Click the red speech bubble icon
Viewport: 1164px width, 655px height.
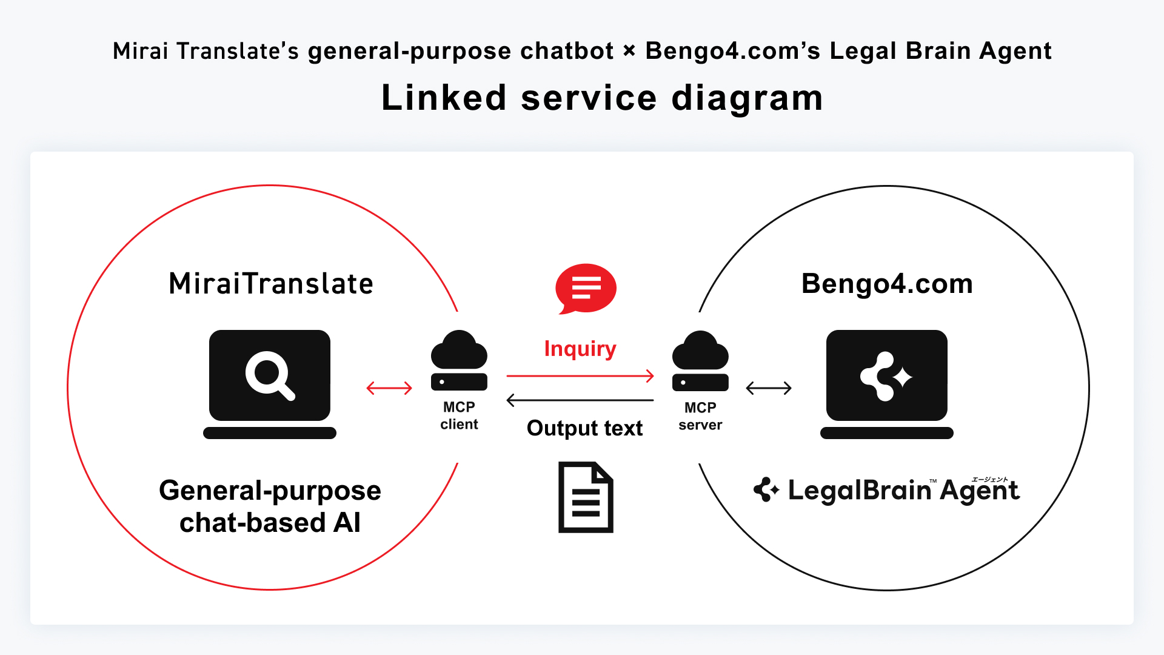pos(586,288)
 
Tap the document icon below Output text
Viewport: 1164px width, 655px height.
pos(586,497)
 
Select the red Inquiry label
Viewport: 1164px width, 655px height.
pos(580,349)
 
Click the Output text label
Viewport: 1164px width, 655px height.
pos(584,428)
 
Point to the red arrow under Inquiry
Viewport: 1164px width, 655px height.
pos(580,376)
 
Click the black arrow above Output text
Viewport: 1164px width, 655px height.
pos(580,400)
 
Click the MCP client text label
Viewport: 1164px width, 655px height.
pos(459,415)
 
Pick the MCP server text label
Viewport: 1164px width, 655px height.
pos(700,416)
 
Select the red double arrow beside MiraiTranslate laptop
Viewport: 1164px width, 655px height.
pos(389,388)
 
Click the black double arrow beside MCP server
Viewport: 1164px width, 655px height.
pos(769,388)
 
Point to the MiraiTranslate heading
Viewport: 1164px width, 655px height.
pos(271,284)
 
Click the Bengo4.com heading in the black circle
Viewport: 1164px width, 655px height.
pos(887,284)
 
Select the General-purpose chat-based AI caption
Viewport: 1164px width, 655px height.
pos(270,506)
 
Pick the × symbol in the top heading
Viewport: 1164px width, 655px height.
pos(629,51)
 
